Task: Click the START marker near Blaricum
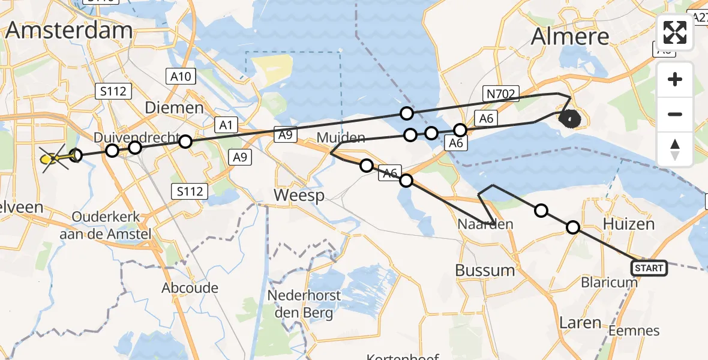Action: [649, 268]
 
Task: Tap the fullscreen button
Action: [675, 32]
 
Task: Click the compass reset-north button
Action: [675, 149]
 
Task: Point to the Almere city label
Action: [570, 37]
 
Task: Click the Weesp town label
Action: [299, 195]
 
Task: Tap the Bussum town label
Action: [485, 270]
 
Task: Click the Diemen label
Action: [174, 107]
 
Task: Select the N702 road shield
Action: [499, 94]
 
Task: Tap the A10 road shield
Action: [180, 76]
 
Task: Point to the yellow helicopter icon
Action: [53, 159]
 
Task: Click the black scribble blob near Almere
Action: [569, 119]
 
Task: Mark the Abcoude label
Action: [190, 287]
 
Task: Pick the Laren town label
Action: [580, 323]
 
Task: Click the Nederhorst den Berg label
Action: [304, 304]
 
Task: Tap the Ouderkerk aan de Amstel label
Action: [105, 225]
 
